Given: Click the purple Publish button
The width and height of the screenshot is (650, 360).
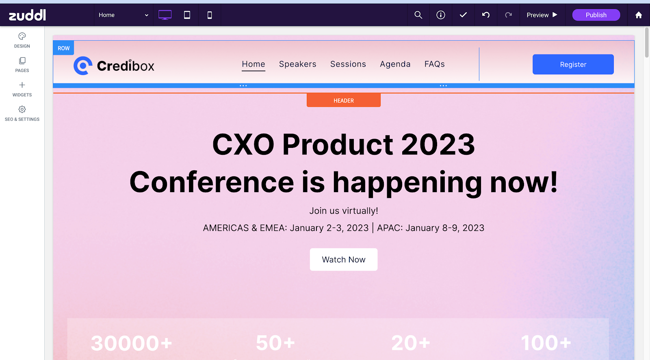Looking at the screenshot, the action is click(x=596, y=15).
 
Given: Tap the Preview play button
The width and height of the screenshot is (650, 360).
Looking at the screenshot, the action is click(x=542, y=15).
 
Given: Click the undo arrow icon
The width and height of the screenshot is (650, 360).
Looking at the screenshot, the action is click(x=486, y=15).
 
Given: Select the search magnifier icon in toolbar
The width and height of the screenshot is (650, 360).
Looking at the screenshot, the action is click(x=418, y=15).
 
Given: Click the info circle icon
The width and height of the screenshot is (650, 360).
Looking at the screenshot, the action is click(x=440, y=15).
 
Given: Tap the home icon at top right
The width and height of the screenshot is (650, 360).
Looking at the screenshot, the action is click(x=638, y=15).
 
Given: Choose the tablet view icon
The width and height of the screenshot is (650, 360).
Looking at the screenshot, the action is click(x=187, y=15).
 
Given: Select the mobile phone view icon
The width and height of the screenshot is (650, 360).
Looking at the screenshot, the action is click(x=210, y=15).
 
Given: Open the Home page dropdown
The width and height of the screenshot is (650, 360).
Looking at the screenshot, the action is click(x=123, y=15).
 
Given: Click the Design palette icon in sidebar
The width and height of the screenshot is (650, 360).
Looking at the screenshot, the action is click(x=22, y=36).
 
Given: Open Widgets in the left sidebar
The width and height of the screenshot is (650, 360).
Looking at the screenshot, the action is click(x=22, y=89).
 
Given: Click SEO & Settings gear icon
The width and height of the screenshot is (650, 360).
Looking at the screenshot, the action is click(x=22, y=109).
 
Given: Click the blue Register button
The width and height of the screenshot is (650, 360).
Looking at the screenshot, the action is click(x=573, y=65).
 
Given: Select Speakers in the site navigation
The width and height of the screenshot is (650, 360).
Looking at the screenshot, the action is click(x=298, y=64).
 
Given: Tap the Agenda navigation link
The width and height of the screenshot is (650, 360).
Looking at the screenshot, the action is click(x=395, y=64).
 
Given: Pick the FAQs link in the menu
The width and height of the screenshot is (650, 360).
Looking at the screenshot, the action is click(x=434, y=64).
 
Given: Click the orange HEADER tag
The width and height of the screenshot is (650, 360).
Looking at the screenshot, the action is click(x=344, y=100).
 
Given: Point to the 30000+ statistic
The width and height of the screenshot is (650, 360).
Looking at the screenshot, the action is click(x=132, y=343).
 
